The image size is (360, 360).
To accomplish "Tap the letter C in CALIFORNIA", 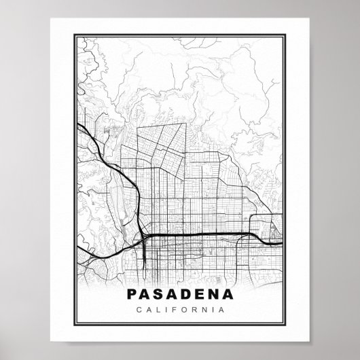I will click(139, 310).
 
